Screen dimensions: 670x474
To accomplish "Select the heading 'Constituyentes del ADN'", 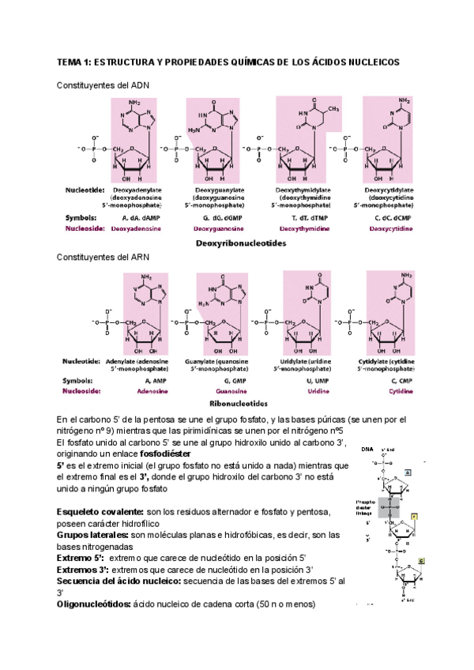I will click(x=103, y=85).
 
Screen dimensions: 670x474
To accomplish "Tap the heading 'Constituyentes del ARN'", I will click(x=103, y=258).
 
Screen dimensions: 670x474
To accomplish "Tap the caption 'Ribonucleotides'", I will click(x=242, y=403).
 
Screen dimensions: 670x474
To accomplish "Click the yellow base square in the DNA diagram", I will click(x=413, y=514).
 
